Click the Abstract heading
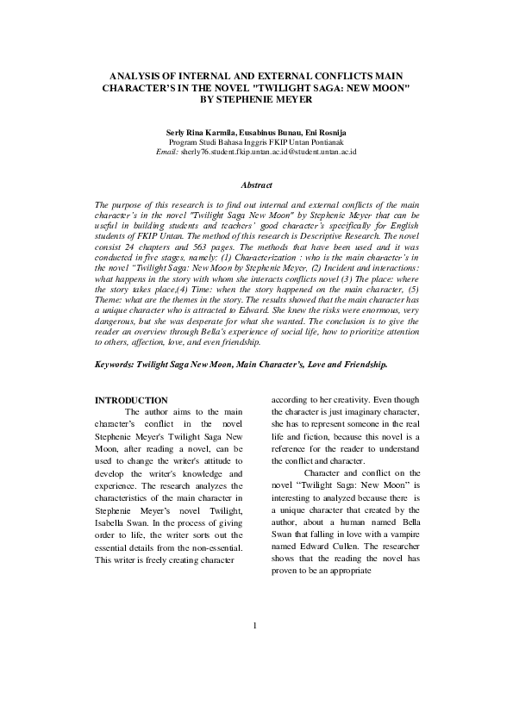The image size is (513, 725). coord(256,185)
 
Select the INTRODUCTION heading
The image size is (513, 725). coord(130,400)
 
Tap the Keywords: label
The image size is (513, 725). coord(118,366)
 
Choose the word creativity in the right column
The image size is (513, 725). coord(339,400)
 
